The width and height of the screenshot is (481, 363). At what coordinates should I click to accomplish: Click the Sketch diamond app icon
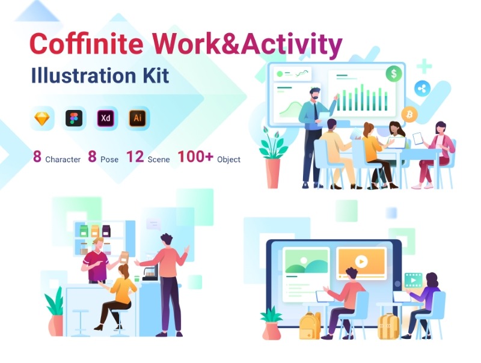42,118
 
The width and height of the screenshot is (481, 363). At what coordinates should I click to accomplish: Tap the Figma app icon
74,118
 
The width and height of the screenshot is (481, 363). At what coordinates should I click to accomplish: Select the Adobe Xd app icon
106,118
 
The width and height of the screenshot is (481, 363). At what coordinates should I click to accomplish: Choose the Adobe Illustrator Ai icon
138,118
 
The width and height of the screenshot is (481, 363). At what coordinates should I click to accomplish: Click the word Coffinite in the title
87,43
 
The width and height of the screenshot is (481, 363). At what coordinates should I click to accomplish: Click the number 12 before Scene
135,157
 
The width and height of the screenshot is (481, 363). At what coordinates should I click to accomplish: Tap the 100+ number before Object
195,156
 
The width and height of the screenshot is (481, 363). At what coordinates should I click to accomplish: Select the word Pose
109,160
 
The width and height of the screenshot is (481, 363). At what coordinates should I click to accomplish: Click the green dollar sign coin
394,73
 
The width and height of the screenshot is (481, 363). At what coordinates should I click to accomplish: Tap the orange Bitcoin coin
409,115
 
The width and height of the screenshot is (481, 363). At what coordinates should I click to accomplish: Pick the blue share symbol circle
422,89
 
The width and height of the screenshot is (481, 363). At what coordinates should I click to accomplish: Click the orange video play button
361,262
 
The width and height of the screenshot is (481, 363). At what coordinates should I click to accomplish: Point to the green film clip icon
413,280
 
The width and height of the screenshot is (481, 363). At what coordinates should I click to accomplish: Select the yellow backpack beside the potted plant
310,326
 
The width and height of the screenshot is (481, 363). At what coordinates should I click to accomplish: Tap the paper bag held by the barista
124,258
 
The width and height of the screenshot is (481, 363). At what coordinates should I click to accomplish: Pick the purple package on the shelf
106,231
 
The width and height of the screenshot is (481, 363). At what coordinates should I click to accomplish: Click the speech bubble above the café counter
153,224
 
